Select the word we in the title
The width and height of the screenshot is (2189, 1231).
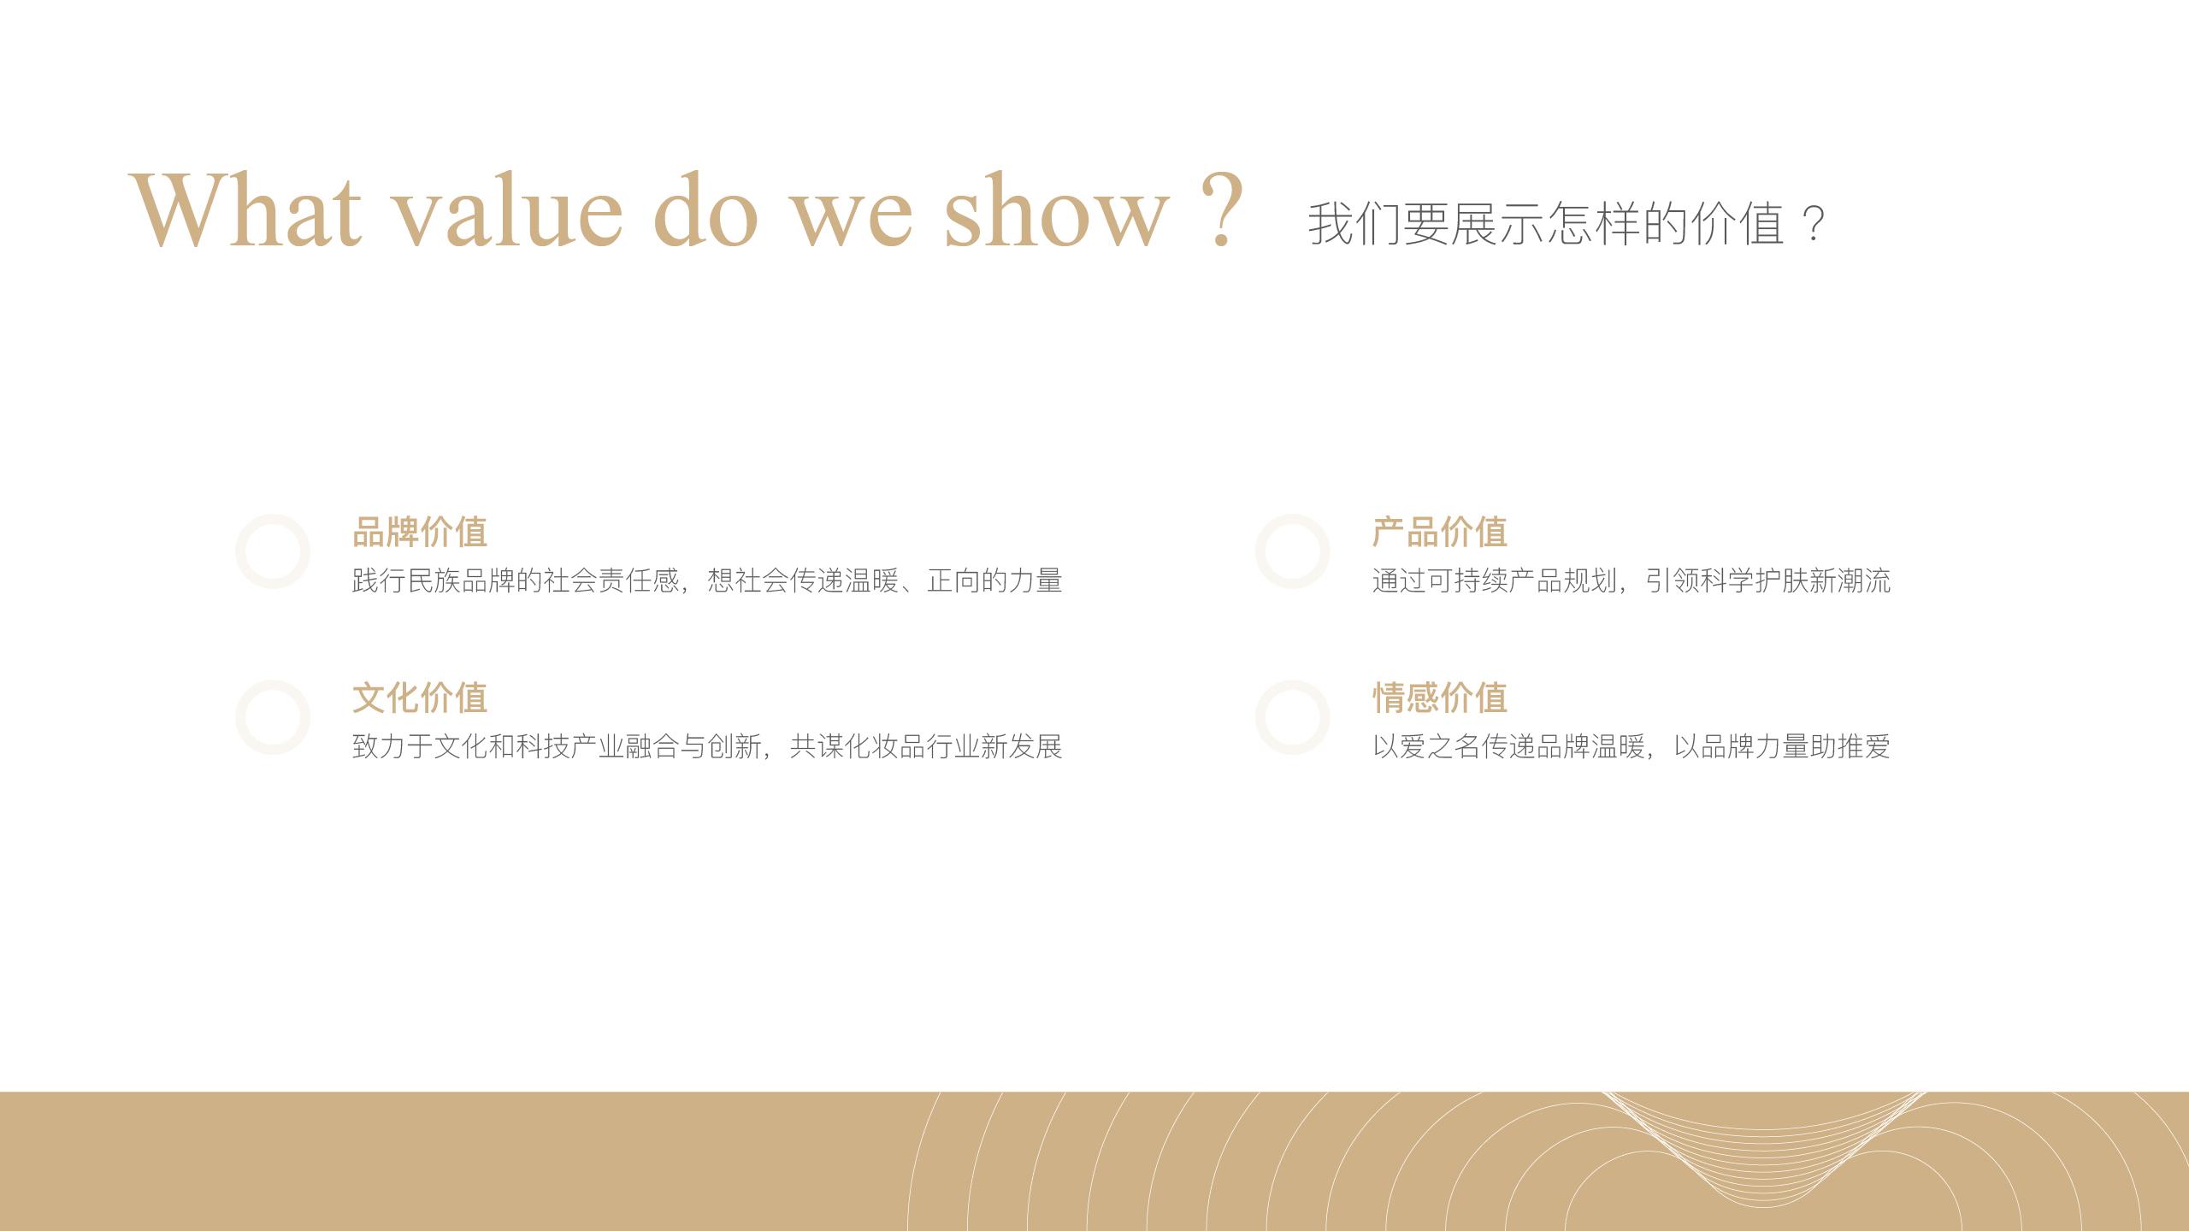point(852,218)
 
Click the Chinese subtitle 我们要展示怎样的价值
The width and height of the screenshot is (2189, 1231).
point(1546,224)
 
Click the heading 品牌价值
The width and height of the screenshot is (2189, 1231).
point(420,532)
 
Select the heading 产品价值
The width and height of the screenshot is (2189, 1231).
point(1440,532)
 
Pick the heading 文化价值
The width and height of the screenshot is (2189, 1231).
point(420,698)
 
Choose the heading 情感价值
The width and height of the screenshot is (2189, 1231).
point(1440,698)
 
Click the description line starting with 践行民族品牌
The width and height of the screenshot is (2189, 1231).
point(707,581)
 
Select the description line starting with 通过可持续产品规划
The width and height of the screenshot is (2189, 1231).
point(1631,581)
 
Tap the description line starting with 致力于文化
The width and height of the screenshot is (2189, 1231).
point(707,747)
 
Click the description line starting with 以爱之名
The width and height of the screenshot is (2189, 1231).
point(1631,747)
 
